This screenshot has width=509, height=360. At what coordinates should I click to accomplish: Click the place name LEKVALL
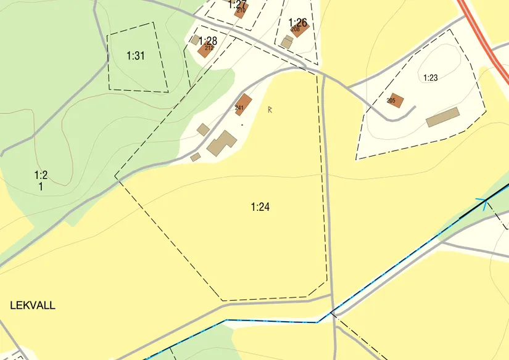pyautogui.click(x=33, y=305)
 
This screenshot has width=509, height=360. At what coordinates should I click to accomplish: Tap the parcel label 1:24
pyautogui.click(x=260, y=207)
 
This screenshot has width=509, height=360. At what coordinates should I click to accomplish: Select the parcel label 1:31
pyautogui.click(x=135, y=56)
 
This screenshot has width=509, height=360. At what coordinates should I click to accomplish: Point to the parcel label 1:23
pyautogui.click(x=430, y=78)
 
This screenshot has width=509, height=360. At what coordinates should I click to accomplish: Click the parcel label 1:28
pyautogui.click(x=207, y=41)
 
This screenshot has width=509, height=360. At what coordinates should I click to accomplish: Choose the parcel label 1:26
pyautogui.click(x=297, y=23)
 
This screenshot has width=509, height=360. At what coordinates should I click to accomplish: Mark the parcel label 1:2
pyautogui.click(x=41, y=175)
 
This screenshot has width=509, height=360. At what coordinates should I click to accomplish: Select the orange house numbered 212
pyautogui.click(x=205, y=50)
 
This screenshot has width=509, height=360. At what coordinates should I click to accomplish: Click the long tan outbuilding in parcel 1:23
pyautogui.click(x=443, y=117)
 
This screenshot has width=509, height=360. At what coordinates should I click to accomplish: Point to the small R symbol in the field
pyautogui.click(x=270, y=110)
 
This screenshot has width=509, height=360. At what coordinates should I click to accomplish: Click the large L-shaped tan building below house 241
pyautogui.click(x=221, y=143)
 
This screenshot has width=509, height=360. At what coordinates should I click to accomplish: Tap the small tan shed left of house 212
pyautogui.click(x=195, y=40)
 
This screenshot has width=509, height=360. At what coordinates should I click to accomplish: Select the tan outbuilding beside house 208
pyautogui.click(x=287, y=42)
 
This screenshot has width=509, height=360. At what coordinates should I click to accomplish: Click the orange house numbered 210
pyautogui.click(x=242, y=9)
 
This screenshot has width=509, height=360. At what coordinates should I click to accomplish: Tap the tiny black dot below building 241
pyautogui.click(x=242, y=125)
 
